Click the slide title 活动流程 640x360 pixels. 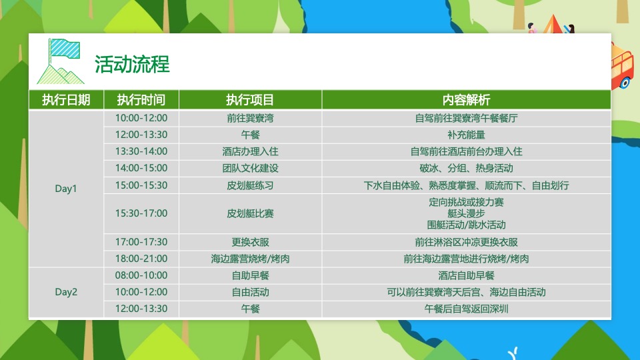pyautogui.click(x=132, y=64)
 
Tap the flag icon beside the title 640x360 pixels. pyautogui.click(x=61, y=61)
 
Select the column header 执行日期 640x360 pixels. pyautogui.click(x=66, y=100)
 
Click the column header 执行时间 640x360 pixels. pyautogui.click(x=141, y=100)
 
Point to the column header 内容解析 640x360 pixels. pyautogui.click(x=466, y=100)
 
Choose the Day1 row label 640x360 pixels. pyautogui.click(x=66, y=189)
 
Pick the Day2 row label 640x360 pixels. pyautogui.click(x=66, y=292)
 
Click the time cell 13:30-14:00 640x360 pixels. pyautogui.click(x=141, y=151)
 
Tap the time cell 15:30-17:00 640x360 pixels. pyautogui.click(x=141, y=213)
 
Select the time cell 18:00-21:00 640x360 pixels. pyautogui.click(x=141, y=259)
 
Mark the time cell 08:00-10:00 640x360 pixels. pyautogui.click(x=141, y=275)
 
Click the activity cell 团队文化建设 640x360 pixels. pyautogui.click(x=250, y=168)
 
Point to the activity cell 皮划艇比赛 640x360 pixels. pyautogui.click(x=250, y=213)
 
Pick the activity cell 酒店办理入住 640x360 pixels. pyautogui.click(x=250, y=151)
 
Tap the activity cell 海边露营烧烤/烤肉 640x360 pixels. pyautogui.click(x=250, y=259)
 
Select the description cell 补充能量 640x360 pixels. pyautogui.click(x=466, y=135)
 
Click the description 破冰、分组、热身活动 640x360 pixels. pyautogui.click(x=466, y=168)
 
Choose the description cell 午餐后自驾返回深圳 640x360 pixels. pyautogui.click(x=466, y=309)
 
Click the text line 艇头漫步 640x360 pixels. pyautogui.click(x=466, y=213)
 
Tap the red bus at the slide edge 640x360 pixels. pyautogui.click(x=623, y=65)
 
